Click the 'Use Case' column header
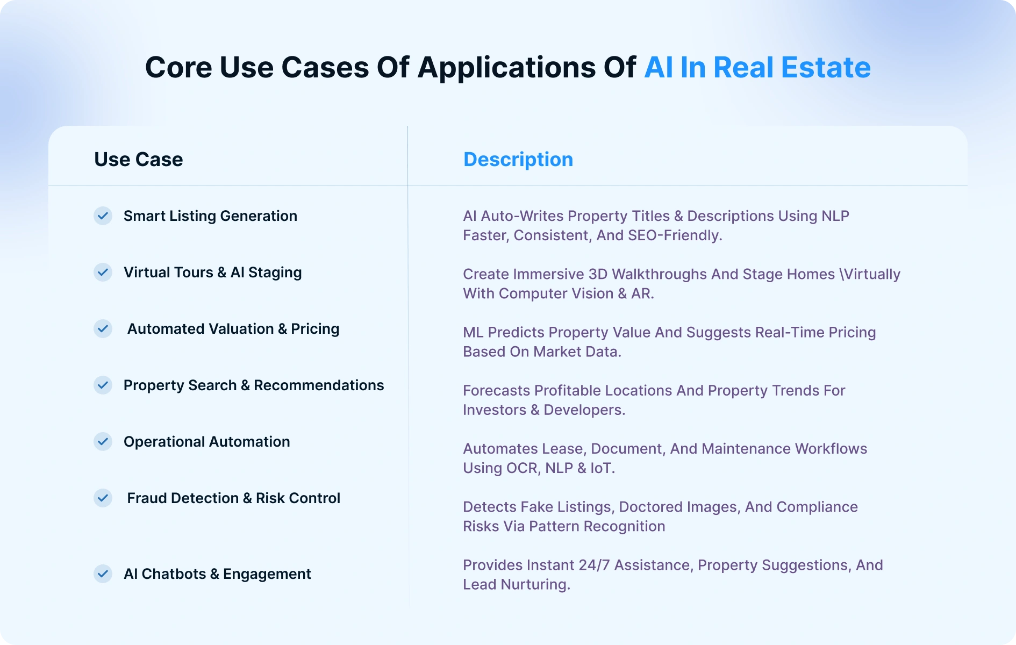[x=139, y=160]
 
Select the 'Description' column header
[x=518, y=160]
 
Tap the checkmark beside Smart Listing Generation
[x=103, y=216]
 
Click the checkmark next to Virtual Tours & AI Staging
[x=103, y=273]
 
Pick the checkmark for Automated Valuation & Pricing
[x=103, y=329]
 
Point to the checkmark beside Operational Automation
[x=103, y=442]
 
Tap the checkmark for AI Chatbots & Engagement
[x=103, y=574]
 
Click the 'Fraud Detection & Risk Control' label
[x=234, y=498]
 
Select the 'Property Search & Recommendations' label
[x=254, y=385]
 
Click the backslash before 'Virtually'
[x=841, y=274]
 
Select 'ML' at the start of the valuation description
[x=473, y=333]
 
